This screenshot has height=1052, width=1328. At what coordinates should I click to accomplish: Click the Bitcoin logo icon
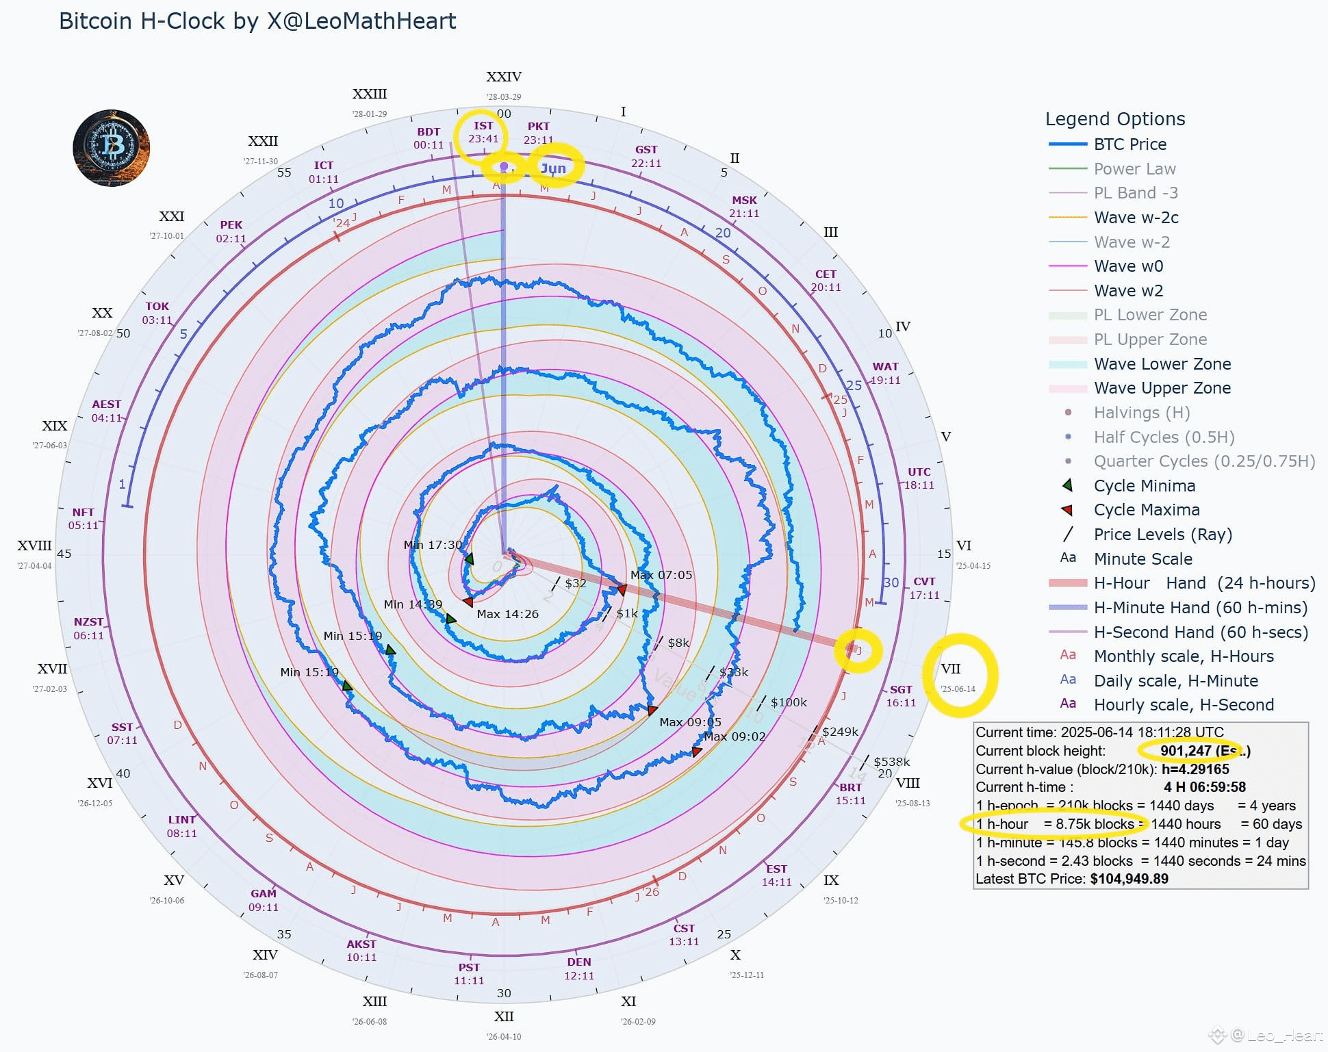(x=112, y=148)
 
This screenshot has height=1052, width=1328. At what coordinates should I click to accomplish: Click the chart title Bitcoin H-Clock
(x=257, y=21)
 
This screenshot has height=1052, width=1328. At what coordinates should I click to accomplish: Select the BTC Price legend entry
(x=1129, y=144)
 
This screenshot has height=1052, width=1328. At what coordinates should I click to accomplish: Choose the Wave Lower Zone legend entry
(x=1162, y=364)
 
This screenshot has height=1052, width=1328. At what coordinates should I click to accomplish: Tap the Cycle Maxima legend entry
(x=1146, y=510)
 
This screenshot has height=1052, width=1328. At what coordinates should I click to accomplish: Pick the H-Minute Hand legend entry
(x=1200, y=608)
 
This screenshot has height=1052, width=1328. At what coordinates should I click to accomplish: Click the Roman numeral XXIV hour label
(x=504, y=77)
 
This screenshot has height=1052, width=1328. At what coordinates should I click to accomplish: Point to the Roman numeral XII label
(x=504, y=1016)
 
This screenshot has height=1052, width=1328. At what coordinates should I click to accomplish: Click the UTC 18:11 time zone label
(x=919, y=478)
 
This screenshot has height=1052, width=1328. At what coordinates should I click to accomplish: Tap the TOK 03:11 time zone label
(x=157, y=313)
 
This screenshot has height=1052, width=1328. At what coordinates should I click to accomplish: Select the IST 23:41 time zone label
(x=483, y=132)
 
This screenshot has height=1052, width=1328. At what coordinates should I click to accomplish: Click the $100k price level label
(x=789, y=702)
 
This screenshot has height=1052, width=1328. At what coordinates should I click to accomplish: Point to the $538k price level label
(x=891, y=762)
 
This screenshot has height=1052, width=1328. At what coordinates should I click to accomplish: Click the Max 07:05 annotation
(x=661, y=575)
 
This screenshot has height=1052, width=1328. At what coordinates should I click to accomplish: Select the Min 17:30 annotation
(x=433, y=545)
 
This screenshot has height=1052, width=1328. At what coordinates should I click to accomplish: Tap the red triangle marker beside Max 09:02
(x=696, y=752)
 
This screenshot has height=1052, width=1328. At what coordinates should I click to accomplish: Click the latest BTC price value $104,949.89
(x=1129, y=879)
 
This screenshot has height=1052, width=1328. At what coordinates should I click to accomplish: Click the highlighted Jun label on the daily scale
(x=553, y=168)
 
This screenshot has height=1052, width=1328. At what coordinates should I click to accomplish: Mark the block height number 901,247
(x=1186, y=751)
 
